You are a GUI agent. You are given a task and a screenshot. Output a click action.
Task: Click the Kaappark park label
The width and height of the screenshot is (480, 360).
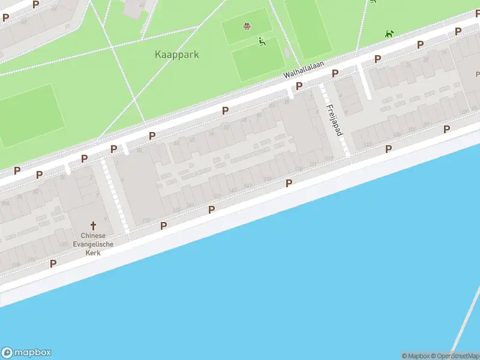pyautogui.click(x=176, y=55)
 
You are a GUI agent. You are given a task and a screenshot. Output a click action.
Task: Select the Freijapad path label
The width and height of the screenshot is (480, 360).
pyautogui.click(x=334, y=120)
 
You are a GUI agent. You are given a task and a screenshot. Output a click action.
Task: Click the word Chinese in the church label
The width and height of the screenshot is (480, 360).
pyautogui.click(x=92, y=235)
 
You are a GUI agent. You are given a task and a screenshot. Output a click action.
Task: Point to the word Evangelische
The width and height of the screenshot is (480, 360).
pyautogui.click(x=92, y=244)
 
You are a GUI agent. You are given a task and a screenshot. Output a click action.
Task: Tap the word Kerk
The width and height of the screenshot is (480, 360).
pyautogui.click(x=92, y=253)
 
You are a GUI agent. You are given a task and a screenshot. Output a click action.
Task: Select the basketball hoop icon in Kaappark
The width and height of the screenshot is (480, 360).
pyautogui.click(x=247, y=26)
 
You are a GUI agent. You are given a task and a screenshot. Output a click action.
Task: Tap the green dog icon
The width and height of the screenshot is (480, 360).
pyautogui.click(x=390, y=34)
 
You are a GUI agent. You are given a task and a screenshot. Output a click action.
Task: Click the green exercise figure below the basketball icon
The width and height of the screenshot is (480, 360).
pyautogui.click(x=262, y=41)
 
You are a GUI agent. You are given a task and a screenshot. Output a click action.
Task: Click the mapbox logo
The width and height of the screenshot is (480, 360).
pyautogui.click(x=26, y=353)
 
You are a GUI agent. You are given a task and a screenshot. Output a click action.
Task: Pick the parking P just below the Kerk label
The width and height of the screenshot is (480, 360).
pyautogui.click(x=53, y=263)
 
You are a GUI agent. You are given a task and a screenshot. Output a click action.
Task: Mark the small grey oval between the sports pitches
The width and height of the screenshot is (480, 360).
pyautogui.click(x=287, y=53)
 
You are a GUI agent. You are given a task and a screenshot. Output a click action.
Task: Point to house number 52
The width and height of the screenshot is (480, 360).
pyautogui.click(x=227, y=128)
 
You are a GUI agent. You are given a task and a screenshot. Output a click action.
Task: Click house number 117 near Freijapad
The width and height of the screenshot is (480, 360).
pyautogui.click(x=329, y=158)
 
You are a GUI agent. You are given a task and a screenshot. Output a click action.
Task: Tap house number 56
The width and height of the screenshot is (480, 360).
pyautogui.click(x=210, y=133)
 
